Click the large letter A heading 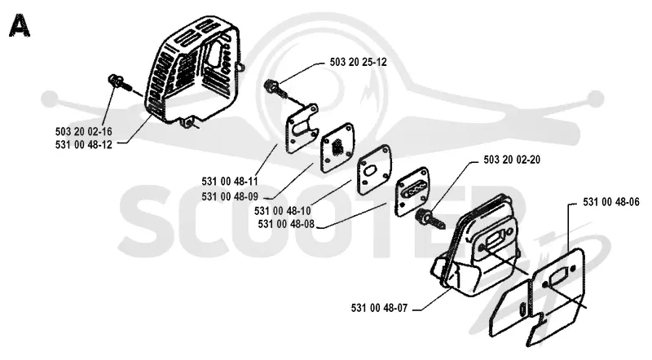coord(19,25)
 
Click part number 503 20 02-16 coord(84,132)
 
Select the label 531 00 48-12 coord(84,145)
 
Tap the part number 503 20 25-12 coord(358,62)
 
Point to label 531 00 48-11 coord(230,182)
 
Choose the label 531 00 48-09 coord(230,196)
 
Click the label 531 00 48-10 coord(283,211)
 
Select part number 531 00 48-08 coord(286,224)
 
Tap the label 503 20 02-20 coord(512,160)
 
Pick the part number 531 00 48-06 coord(611,203)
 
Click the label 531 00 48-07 coord(379,308)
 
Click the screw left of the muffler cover coord(119,85)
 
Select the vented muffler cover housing coord(192,71)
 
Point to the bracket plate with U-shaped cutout coord(302,127)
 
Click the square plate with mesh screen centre coord(337,147)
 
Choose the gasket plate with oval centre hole coord(374,169)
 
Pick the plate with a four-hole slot coord(412,191)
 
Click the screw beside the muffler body coord(430,219)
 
